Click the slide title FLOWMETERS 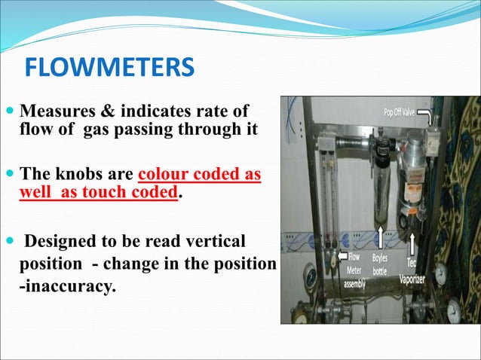pos(109,70)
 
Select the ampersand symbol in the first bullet pos(100,111)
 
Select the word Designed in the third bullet pos(63,242)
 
